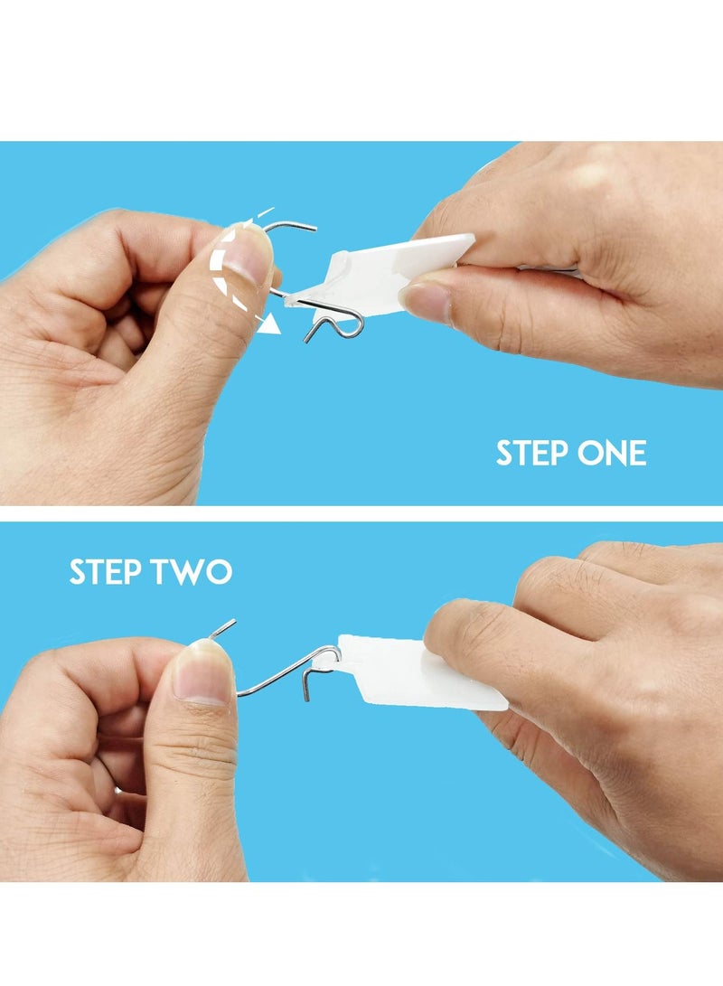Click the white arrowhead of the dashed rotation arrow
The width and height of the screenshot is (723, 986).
click(x=267, y=326)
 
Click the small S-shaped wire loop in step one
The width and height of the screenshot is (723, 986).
click(x=339, y=322)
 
